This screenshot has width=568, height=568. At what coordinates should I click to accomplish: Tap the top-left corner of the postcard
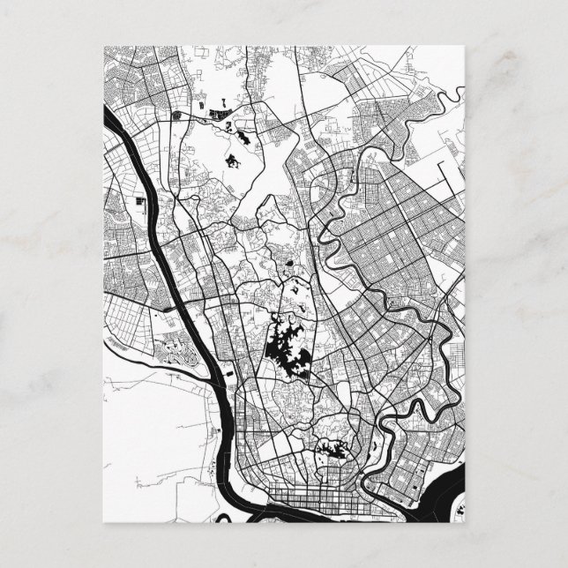click(x=104, y=44)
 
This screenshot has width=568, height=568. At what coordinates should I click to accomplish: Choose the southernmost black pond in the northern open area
click(x=233, y=161)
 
